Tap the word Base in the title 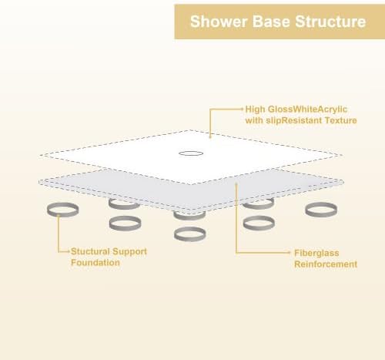pyautogui.click(x=266, y=22)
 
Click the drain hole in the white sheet pyautogui.click(x=190, y=153)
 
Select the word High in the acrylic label pyautogui.click(x=256, y=109)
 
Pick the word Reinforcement pyautogui.click(x=326, y=264)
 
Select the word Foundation pyautogui.click(x=95, y=263)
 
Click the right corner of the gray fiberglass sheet pyautogui.click(x=343, y=183)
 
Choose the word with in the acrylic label pyautogui.click(x=256, y=120)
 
